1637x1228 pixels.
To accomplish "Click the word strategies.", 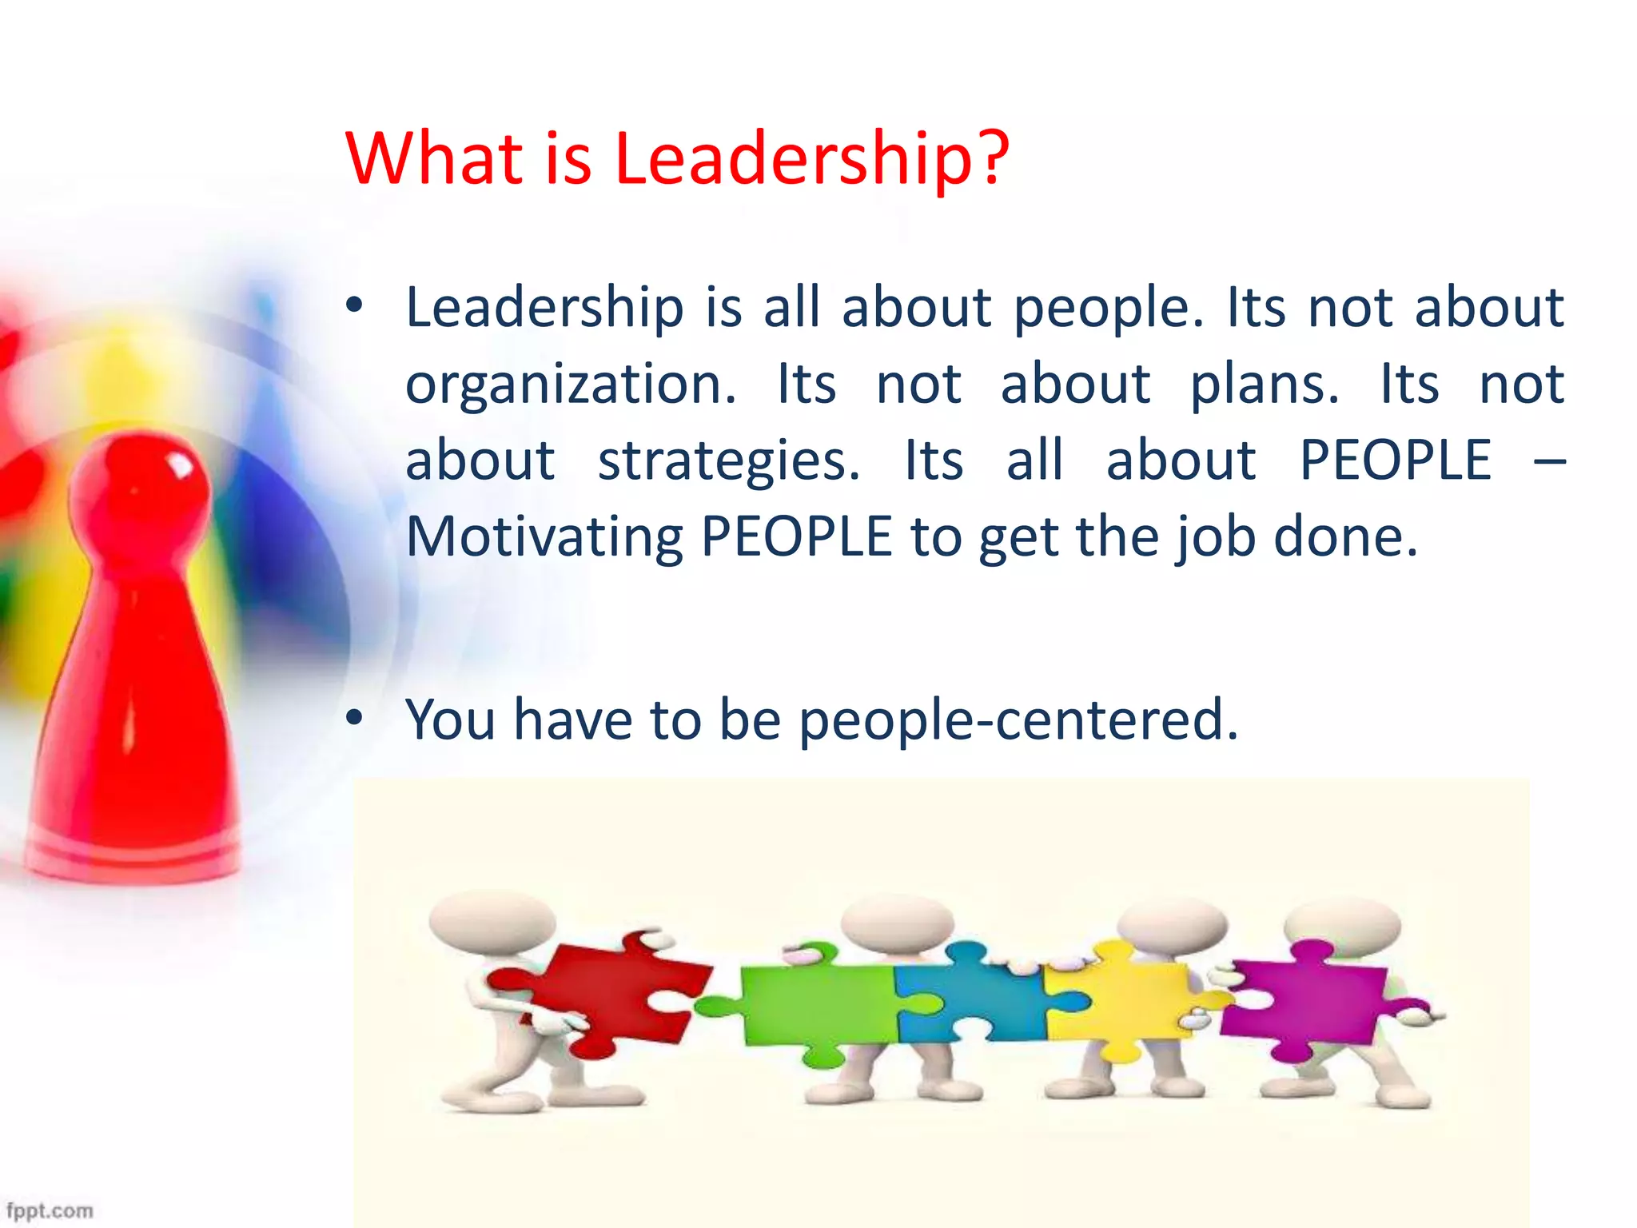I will coord(729,461).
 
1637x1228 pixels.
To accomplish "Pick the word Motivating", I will coord(544,536).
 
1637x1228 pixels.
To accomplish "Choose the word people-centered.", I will coord(1018,720).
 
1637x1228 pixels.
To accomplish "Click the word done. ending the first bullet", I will coord(1345,536).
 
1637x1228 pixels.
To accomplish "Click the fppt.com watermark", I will coord(50,1210).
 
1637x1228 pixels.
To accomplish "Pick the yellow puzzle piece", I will coord(1119,999).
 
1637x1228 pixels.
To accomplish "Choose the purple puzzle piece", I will coord(1311,999).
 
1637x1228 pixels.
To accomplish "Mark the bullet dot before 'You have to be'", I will coord(355,718).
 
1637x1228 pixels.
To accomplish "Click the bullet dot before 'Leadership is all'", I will coord(355,305).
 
